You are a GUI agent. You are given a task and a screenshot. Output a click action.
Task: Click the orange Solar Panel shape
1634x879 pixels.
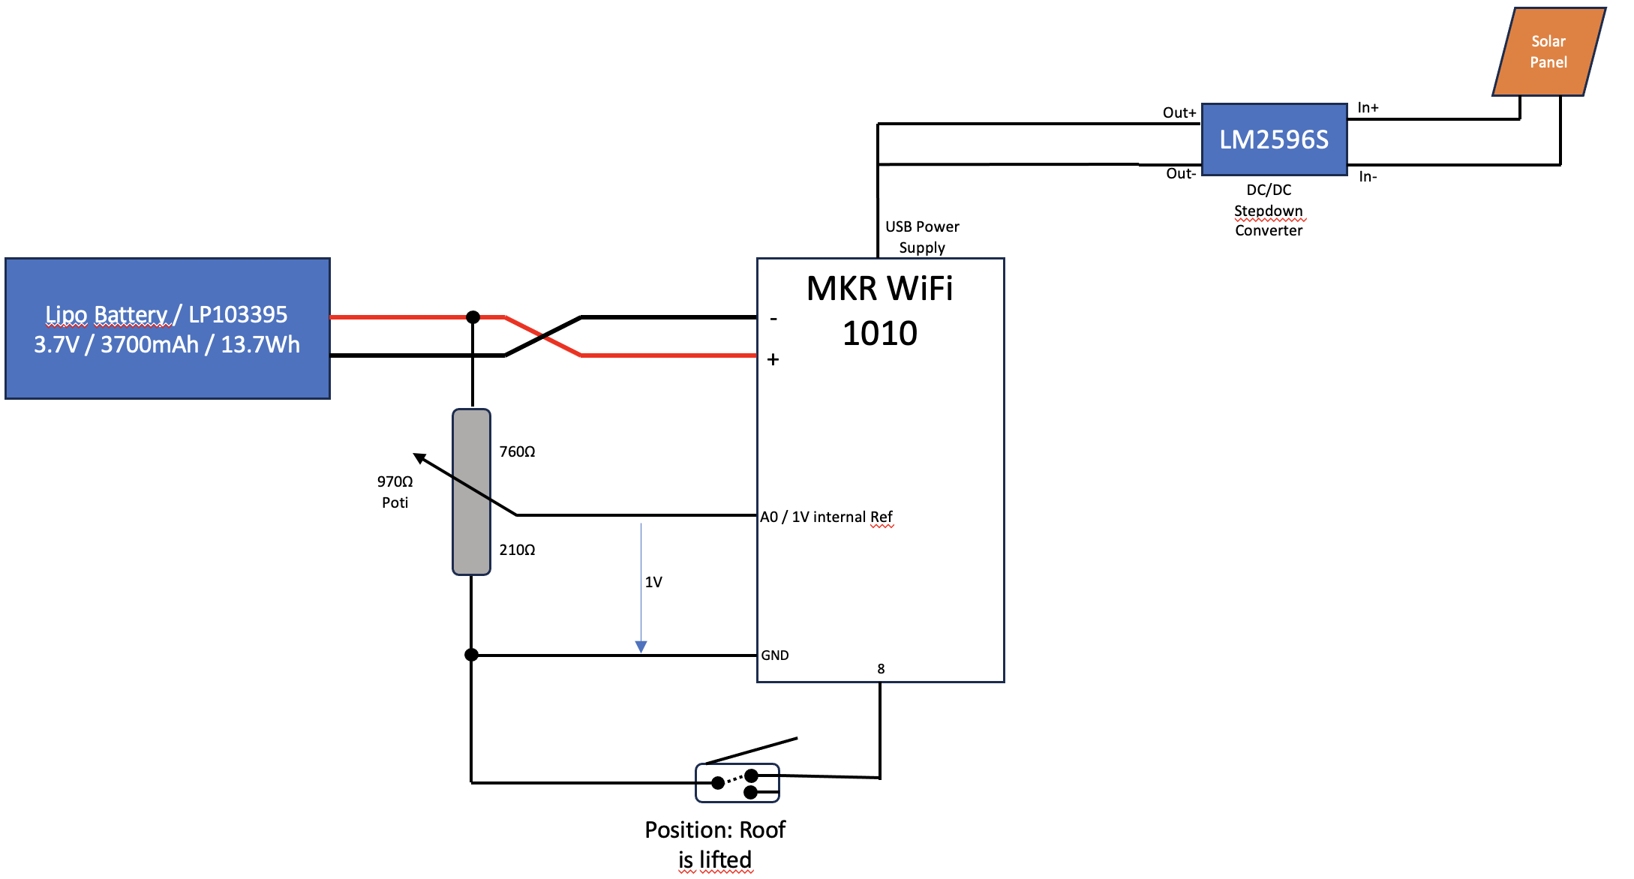tap(1548, 52)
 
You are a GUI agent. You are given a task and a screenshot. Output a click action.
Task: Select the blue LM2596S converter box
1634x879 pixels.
tap(1274, 139)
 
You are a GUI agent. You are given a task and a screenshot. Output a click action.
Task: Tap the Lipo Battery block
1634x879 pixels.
tap(167, 328)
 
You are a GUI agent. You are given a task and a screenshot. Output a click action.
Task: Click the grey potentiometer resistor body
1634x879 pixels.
tap(471, 492)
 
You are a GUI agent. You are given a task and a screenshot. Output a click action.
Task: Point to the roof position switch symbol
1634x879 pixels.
tap(737, 782)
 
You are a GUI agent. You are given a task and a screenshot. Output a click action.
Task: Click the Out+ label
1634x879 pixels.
tap(1179, 112)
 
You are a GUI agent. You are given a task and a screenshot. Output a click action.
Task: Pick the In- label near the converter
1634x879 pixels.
tap(1367, 177)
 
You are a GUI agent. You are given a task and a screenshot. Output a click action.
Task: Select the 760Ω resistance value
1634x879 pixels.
tap(517, 451)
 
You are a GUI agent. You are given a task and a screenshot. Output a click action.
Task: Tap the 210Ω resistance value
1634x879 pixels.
tap(517, 550)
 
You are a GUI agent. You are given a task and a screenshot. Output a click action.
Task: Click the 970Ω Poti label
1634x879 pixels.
tap(395, 492)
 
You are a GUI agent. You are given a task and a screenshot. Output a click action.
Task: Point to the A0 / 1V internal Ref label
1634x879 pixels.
tap(826, 517)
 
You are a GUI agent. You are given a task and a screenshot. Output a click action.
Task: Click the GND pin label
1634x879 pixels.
tap(774, 655)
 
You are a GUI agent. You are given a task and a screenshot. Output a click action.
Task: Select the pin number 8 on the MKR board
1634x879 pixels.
tap(881, 669)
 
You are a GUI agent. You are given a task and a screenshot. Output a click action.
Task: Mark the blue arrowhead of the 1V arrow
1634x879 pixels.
tap(641, 646)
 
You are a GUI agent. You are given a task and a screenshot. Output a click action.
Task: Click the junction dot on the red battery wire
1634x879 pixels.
tap(473, 317)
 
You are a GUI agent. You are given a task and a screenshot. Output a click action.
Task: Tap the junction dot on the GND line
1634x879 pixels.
tap(471, 655)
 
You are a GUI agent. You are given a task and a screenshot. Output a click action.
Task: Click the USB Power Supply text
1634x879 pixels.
tap(922, 237)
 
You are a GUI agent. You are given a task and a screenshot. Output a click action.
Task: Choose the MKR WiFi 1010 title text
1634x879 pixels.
tap(879, 310)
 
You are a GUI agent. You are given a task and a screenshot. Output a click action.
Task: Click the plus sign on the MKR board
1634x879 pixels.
tap(773, 360)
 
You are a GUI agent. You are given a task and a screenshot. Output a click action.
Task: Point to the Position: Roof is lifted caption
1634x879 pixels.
tap(715, 844)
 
